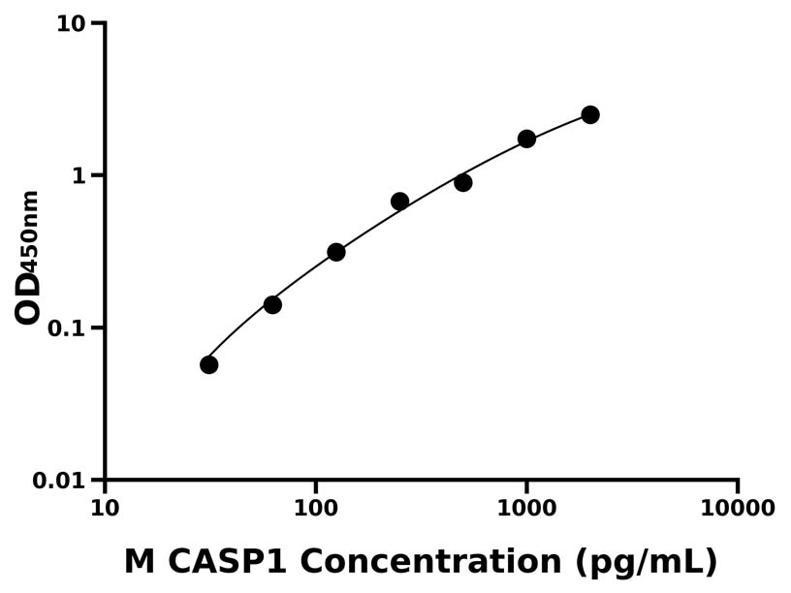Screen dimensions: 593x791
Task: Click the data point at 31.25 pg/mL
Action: tap(208, 364)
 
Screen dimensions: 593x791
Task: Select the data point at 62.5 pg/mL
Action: tap(272, 304)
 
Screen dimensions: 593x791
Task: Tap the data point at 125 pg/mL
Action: tap(336, 252)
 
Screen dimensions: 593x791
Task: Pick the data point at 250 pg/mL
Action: tap(399, 202)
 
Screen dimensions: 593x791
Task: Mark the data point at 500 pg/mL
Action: tap(463, 182)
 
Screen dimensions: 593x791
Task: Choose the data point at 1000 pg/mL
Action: tap(526, 139)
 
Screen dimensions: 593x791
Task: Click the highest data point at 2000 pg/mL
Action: tap(590, 114)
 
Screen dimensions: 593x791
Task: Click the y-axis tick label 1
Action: tap(81, 175)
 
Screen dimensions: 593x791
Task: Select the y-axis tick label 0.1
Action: tap(70, 328)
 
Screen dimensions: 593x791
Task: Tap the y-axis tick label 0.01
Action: tap(62, 481)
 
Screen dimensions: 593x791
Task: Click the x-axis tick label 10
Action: tap(105, 509)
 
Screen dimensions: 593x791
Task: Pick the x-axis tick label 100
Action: tap(315, 509)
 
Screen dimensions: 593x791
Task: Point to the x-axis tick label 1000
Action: tap(526, 509)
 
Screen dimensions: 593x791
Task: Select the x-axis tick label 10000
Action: tap(738, 509)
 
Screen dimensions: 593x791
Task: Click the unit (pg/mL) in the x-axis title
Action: tap(646, 562)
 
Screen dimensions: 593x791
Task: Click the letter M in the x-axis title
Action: tap(140, 561)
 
